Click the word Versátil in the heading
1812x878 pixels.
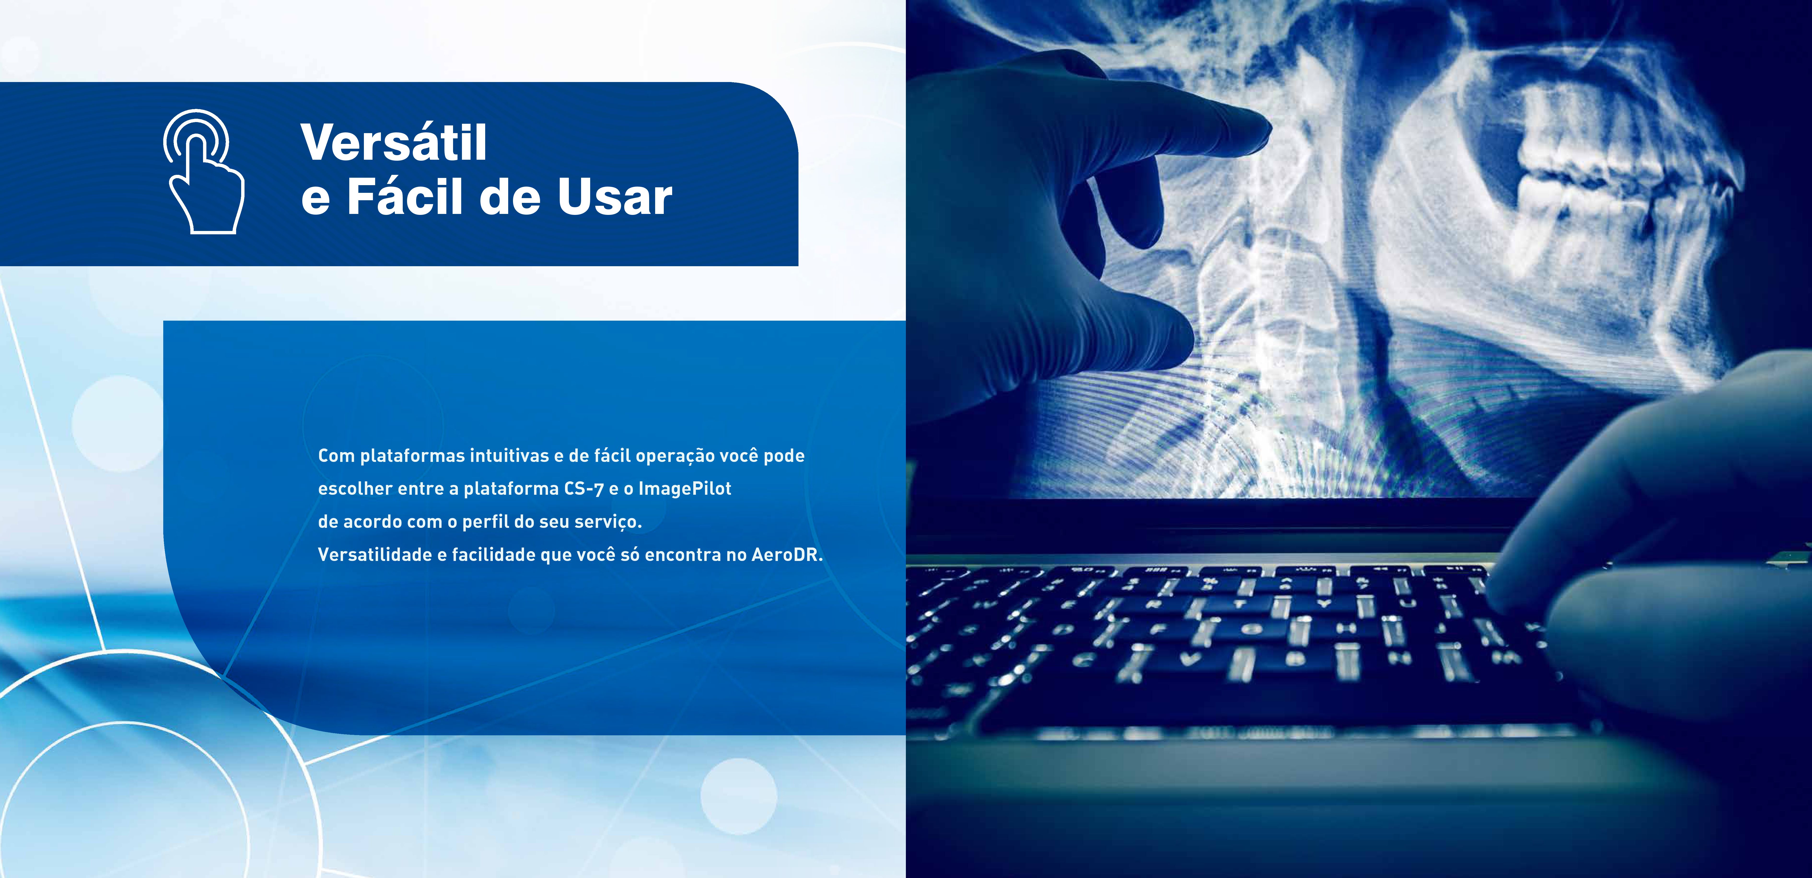click(x=394, y=143)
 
